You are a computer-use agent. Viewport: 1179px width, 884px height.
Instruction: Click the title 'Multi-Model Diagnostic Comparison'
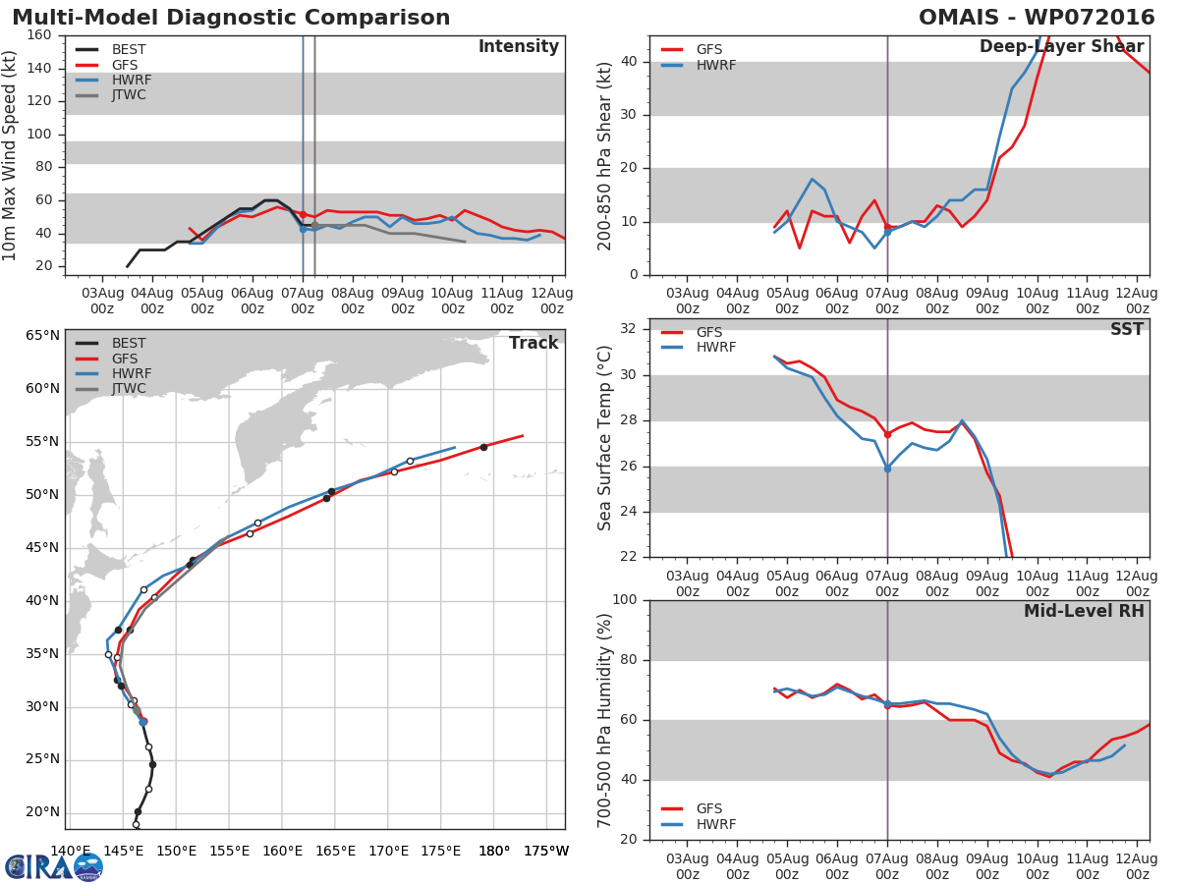[x=231, y=18]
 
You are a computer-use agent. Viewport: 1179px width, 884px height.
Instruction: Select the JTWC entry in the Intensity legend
[x=129, y=95]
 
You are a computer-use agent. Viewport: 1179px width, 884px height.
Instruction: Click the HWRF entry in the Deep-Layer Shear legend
[x=715, y=66]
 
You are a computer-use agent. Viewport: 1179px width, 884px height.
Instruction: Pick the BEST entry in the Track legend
[x=129, y=344]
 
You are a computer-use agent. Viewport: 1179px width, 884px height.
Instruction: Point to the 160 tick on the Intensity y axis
[x=39, y=35]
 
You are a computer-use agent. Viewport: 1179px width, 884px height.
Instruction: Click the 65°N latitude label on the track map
[x=42, y=336]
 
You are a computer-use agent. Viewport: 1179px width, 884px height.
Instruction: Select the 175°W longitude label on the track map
[x=545, y=851]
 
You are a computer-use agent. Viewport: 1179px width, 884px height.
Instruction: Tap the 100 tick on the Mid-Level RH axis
[x=625, y=600]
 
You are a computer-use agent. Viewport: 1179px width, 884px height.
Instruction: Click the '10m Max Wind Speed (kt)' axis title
[x=11, y=154]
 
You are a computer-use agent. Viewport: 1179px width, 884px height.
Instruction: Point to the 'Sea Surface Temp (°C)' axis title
[x=606, y=439]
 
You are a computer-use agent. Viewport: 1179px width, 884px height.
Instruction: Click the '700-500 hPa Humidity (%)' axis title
[x=606, y=720]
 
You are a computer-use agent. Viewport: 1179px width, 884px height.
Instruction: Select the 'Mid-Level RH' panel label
[x=1084, y=611]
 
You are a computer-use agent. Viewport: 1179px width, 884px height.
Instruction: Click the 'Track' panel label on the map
[x=533, y=343]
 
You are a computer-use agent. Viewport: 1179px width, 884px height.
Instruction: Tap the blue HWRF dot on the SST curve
[x=887, y=469]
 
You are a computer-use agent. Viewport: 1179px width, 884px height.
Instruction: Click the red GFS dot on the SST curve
[x=887, y=434]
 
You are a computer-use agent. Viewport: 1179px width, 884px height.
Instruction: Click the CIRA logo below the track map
[x=54, y=866]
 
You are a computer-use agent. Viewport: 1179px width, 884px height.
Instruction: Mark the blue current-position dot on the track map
[x=143, y=722]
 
